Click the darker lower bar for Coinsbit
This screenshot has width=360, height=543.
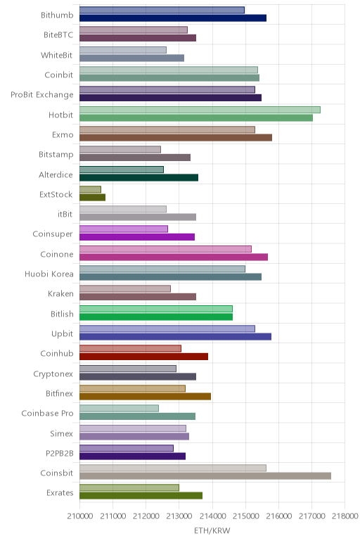pyautogui.click(x=205, y=475)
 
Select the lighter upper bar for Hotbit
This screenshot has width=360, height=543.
pyautogui.click(x=200, y=110)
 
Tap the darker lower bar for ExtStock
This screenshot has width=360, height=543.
pyautogui.click(x=92, y=198)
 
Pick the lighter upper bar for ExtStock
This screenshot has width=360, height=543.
pyautogui.click(x=90, y=189)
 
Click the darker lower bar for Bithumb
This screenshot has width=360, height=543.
pyautogui.click(x=173, y=18)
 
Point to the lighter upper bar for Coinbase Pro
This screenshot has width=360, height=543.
pyautogui.click(x=119, y=408)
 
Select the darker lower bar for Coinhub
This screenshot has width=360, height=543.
pyautogui.click(x=143, y=357)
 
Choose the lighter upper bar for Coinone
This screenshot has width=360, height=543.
pyautogui.click(x=165, y=249)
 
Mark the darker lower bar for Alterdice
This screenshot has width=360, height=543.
pyautogui.click(x=139, y=178)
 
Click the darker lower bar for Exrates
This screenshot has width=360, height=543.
pyautogui.click(x=141, y=496)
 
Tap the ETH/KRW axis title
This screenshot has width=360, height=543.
pyautogui.click(x=212, y=531)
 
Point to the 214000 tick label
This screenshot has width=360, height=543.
pyautogui.click(x=212, y=516)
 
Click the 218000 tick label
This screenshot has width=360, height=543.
pyautogui.click(x=345, y=516)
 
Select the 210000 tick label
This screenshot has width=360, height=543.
pyautogui.click(x=80, y=516)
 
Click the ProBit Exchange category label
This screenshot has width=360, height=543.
pyautogui.click(x=42, y=95)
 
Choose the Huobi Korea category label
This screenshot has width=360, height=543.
pyautogui.click(x=49, y=274)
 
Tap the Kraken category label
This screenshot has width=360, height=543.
pyautogui.click(x=60, y=294)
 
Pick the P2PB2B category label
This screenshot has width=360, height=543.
pyautogui.click(x=60, y=454)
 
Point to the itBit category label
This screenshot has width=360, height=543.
pyautogui.click(x=65, y=215)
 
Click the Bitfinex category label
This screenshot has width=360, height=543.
pyautogui.click(x=59, y=394)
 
